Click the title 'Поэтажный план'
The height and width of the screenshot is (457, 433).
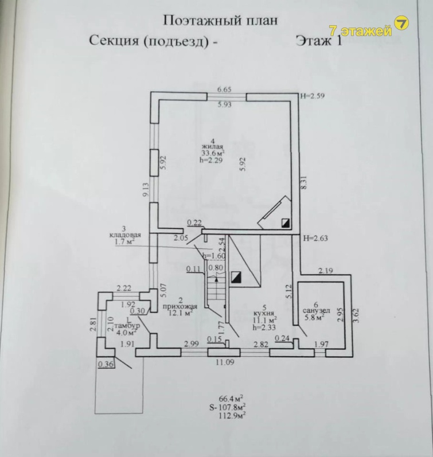(220, 20)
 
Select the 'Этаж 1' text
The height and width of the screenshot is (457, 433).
(318, 41)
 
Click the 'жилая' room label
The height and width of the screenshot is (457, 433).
(212, 147)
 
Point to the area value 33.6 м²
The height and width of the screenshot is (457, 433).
(212, 153)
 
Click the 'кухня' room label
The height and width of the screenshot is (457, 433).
(265, 314)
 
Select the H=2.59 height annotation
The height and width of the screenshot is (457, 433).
(313, 96)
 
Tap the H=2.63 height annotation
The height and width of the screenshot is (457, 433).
(314, 237)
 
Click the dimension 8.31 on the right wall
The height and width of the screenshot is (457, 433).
(310, 182)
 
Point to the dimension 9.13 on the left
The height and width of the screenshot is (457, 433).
(147, 190)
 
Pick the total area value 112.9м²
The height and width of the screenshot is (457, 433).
(232, 415)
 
